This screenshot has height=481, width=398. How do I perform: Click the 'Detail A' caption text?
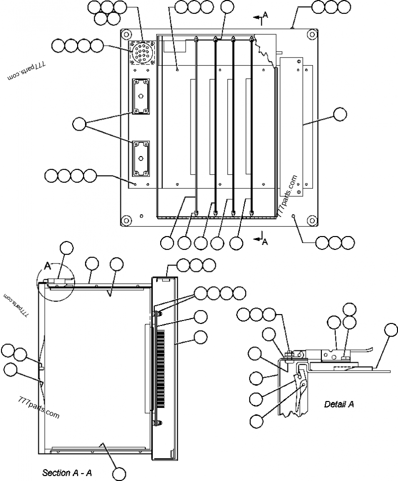339,404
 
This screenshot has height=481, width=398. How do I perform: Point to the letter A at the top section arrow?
265,15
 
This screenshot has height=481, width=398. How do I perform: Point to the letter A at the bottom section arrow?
265,241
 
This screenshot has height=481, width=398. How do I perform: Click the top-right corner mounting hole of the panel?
311,35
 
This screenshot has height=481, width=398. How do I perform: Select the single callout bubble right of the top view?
340,114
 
